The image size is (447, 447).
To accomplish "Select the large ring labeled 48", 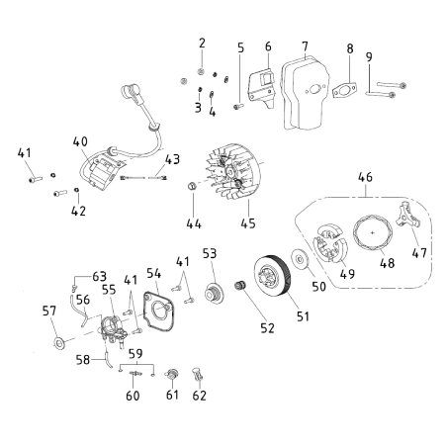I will point(371,240).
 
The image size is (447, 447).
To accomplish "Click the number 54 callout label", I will point(153,273).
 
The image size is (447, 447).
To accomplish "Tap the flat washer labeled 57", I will point(58,345).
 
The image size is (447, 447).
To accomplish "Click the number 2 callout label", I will point(202,43).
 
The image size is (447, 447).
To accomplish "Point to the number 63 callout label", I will point(99,276).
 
